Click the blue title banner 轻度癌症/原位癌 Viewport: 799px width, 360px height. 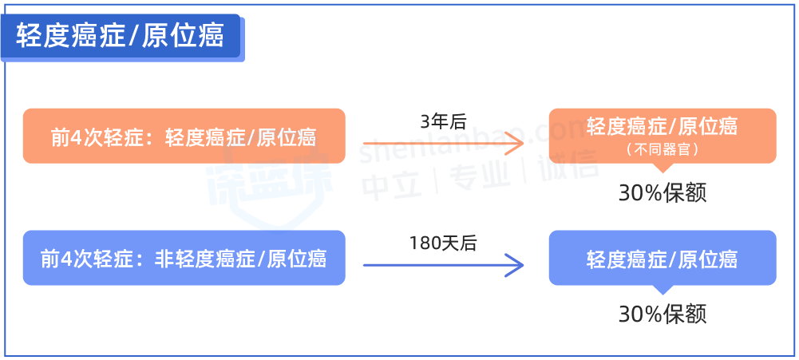[x=120, y=36]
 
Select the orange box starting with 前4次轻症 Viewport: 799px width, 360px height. [x=184, y=136]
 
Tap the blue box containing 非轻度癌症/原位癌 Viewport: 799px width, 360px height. [x=184, y=259]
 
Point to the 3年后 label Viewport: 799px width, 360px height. [x=442, y=121]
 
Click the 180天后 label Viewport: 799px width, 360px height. [x=442, y=243]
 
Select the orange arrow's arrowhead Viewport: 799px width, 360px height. [x=517, y=144]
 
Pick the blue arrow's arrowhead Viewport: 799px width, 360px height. [x=517, y=266]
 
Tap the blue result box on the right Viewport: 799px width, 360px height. [x=662, y=258]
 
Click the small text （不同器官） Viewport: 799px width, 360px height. [x=662, y=149]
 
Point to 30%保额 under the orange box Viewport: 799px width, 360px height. [x=663, y=192]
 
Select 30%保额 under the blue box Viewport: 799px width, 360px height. [x=663, y=314]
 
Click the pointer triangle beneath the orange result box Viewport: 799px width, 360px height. [x=663, y=168]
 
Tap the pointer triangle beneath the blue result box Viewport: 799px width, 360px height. [x=663, y=290]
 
